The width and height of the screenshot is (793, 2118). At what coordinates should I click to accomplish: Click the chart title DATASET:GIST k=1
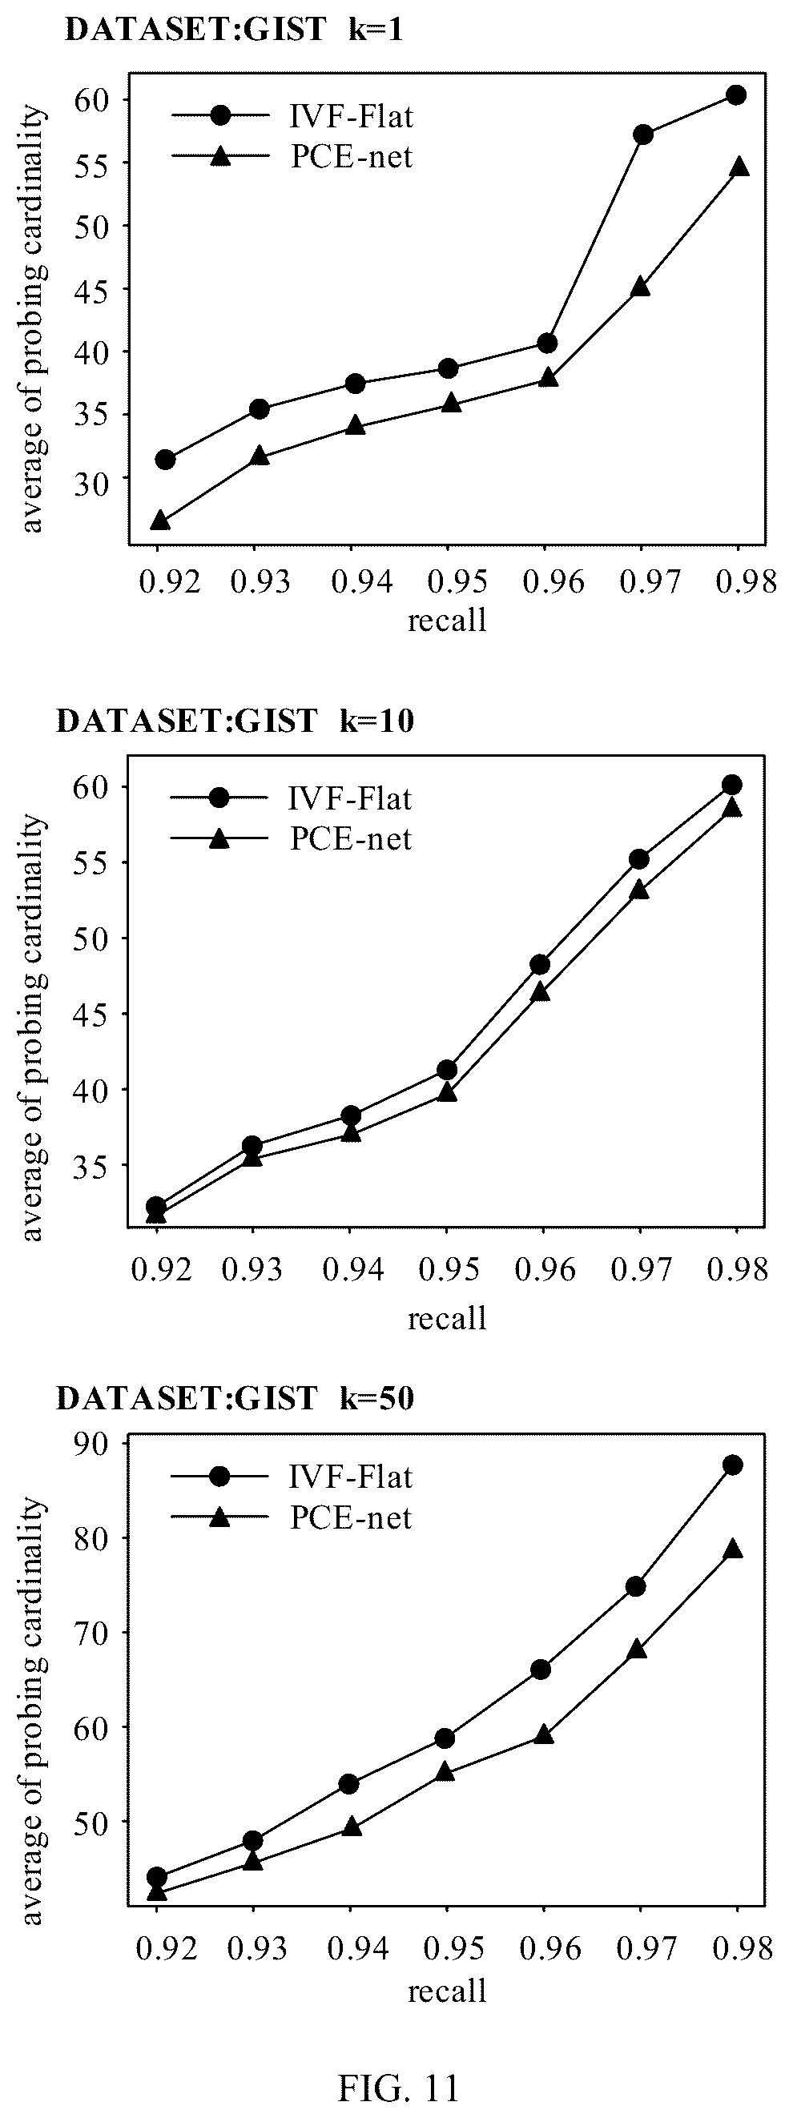coord(234,30)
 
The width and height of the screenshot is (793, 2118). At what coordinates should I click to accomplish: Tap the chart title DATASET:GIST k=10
coord(235,720)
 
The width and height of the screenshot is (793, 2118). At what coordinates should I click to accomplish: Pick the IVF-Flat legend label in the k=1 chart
coord(352,117)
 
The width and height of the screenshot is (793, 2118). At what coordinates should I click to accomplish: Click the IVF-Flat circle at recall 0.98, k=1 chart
coord(736,94)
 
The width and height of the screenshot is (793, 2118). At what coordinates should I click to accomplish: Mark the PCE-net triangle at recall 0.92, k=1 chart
coord(160,520)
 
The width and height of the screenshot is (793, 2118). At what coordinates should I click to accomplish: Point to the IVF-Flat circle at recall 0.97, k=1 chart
coord(643,134)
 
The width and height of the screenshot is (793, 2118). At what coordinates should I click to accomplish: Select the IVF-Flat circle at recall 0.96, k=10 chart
coord(541,963)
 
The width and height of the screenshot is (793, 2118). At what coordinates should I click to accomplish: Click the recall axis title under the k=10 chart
coord(447,1318)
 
